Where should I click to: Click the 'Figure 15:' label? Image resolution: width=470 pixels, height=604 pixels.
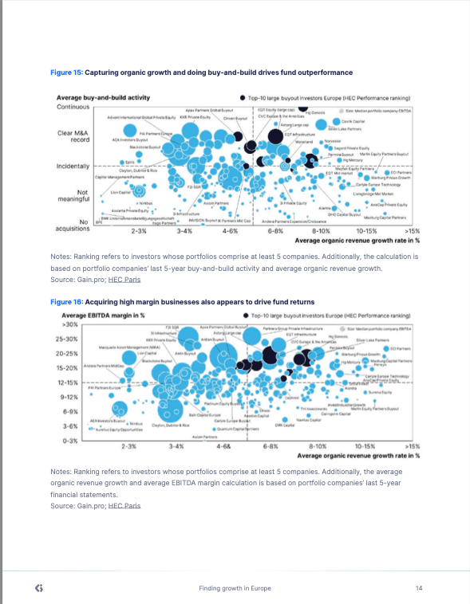pos(66,73)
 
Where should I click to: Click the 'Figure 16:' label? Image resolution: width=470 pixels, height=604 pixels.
pos(66,302)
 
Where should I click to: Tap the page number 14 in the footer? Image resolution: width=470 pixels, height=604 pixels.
pos(418,588)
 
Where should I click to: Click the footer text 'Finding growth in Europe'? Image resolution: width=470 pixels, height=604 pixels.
pos(235,588)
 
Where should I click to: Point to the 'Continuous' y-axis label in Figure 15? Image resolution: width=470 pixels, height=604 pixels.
pos(73,107)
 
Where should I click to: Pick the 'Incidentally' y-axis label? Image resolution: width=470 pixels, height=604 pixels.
pos(73,166)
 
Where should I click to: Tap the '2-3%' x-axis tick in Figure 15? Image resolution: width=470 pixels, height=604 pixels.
pos(138,231)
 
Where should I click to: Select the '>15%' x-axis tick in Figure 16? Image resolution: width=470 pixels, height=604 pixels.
pos(412,448)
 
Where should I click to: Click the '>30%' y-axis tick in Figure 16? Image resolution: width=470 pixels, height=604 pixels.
pos(69,324)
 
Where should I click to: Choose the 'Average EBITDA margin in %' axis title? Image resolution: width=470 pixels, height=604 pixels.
pos(98,316)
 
